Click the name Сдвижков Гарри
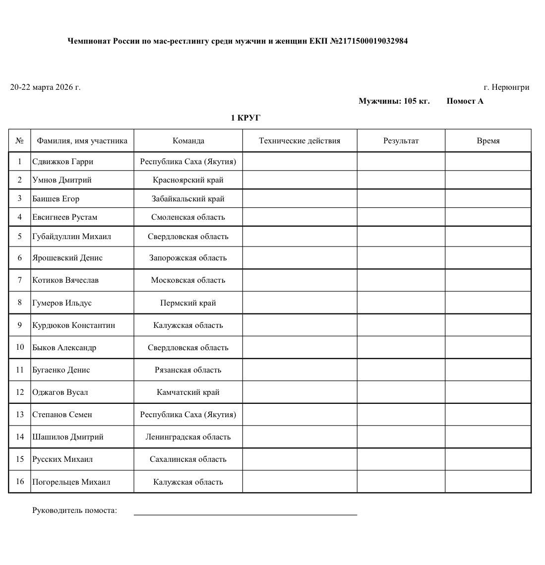[x=62, y=161]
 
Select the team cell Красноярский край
[x=188, y=180]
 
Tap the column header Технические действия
[x=300, y=140]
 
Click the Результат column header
[x=401, y=140]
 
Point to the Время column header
[x=488, y=140]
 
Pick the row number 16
[x=20, y=481]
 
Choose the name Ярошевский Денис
[x=67, y=257]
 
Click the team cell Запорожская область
[x=188, y=257]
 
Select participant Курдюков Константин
[x=73, y=325]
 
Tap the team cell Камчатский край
[x=188, y=392]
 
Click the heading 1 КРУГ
[x=245, y=118]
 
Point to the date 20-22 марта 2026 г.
[x=45, y=87]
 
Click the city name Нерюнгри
[x=510, y=87]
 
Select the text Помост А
[x=465, y=101]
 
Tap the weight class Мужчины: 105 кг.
[x=394, y=101]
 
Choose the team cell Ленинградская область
[x=188, y=437]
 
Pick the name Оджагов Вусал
[x=60, y=392]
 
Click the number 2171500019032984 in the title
[x=373, y=41]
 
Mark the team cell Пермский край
[x=188, y=303]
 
